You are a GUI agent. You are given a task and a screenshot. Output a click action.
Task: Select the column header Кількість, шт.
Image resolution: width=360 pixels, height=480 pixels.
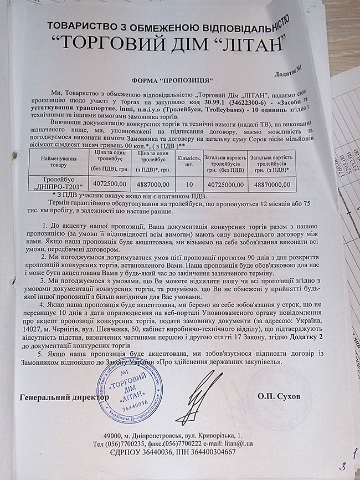[189, 161]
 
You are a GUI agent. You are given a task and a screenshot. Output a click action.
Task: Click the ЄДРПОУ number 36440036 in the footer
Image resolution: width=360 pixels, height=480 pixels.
[163, 452]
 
